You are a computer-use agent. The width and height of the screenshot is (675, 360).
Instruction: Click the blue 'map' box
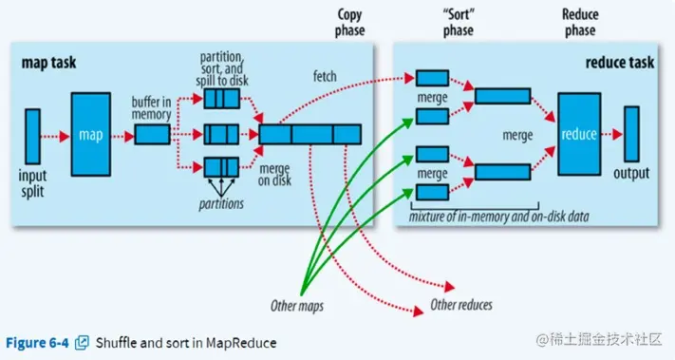point(91,134)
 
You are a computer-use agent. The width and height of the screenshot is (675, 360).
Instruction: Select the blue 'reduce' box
point(578,134)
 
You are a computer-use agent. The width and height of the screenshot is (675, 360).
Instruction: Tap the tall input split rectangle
point(32,135)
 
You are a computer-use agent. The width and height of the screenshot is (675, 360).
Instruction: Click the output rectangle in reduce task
point(631,134)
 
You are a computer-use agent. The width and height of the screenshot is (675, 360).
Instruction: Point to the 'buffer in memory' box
point(152,135)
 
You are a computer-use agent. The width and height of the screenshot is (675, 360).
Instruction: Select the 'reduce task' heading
point(620,62)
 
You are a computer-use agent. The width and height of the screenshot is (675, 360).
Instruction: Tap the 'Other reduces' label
point(462,306)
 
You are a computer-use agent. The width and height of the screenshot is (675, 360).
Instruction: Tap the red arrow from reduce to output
point(612,134)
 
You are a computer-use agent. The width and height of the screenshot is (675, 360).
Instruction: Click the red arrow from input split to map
point(55,135)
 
